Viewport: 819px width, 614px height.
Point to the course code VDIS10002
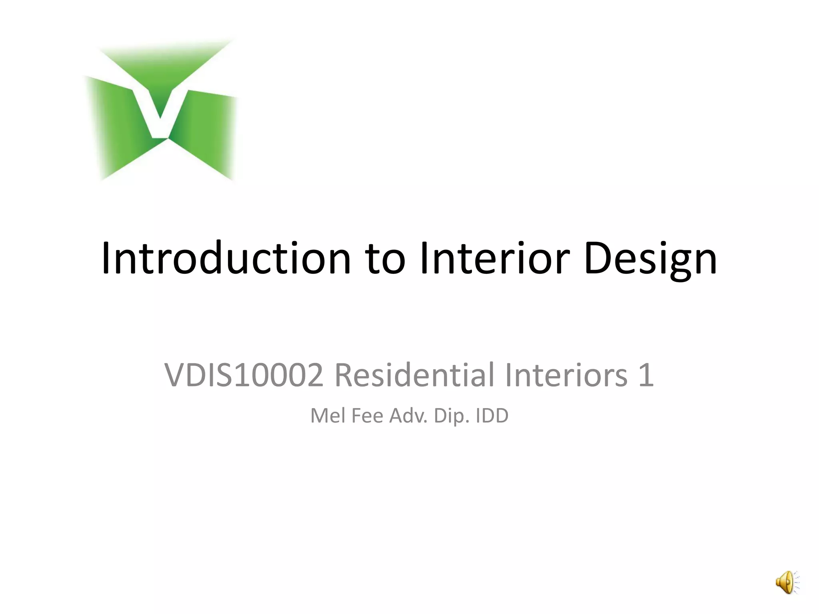(244, 375)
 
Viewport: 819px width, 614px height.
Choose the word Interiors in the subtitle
(566, 375)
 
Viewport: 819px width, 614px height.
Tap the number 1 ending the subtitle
(645, 375)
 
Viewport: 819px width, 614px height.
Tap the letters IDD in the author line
(492, 416)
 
